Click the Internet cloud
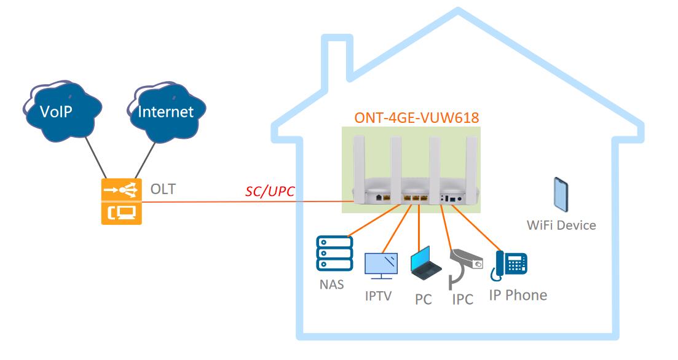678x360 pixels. coord(166,111)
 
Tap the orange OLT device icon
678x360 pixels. coord(122,202)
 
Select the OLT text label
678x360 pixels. coord(163,189)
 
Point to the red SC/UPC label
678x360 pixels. coord(270,191)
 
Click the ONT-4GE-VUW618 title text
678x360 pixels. coord(417,117)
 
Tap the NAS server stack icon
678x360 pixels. coord(334,253)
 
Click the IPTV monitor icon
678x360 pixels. coord(381,266)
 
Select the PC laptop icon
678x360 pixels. coord(425,263)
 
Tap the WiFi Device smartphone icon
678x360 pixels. coord(561,195)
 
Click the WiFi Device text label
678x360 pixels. coord(561,225)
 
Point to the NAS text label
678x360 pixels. coord(332,284)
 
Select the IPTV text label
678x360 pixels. coord(379,296)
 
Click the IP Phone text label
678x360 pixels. coord(518,295)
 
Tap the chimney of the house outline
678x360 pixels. coord(337,56)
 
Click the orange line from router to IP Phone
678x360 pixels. coord(476,228)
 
